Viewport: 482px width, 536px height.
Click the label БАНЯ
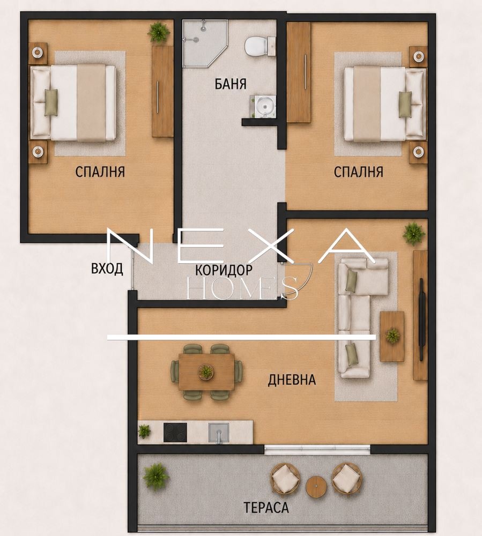click(x=231, y=84)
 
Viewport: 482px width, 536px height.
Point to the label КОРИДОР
click(x=224, y=270)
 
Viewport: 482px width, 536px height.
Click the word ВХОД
click(x=107, y=269)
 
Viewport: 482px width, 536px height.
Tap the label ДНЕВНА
click(x=292, y=380)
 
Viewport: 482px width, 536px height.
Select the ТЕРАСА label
click(x=266, y=508)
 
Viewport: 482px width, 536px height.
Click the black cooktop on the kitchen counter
click(x=175, y=433)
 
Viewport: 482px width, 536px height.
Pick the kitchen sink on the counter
click(x=219, y=433)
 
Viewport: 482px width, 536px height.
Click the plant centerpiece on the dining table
click(x=206, y=371)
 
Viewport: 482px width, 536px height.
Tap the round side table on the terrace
click(x=316, y=487)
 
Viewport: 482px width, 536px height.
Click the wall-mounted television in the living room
click(x=422, y=319)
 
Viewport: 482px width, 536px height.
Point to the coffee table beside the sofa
click(x=392, y=336)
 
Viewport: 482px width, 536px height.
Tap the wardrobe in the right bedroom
click(x=299, y=72)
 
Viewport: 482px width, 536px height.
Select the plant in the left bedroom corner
click(x=159, y=32)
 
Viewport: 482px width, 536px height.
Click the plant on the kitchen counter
click(x=144, y=431)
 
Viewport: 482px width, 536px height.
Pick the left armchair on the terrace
click(x=285, y=478)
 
